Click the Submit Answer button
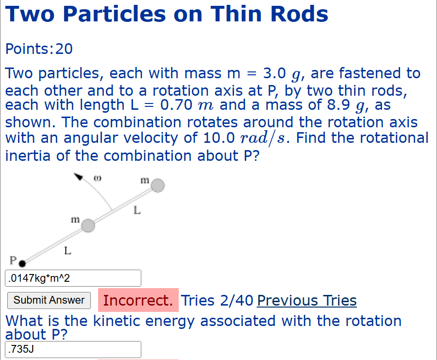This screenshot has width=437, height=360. click(49, 300)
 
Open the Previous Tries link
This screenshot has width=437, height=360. click(306, 301)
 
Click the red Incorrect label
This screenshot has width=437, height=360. click(138, 300)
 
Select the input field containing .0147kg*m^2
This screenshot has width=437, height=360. click(73, 278)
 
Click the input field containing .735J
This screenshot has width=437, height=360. click(73, 349)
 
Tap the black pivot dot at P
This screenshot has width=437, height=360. click(22, 263)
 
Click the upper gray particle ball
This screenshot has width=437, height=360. click(158, 186)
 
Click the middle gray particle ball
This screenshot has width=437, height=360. click(88, 225)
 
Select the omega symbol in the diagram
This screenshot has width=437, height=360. click(97, 178)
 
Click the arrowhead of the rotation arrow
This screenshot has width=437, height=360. click(77, 177)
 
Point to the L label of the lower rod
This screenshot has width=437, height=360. click(67, 251)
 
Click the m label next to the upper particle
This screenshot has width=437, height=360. click(144, 180)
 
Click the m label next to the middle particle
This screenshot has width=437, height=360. click(74, 220)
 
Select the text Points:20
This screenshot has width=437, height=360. click(39, 49)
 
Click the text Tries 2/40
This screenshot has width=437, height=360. click(217, 301)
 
